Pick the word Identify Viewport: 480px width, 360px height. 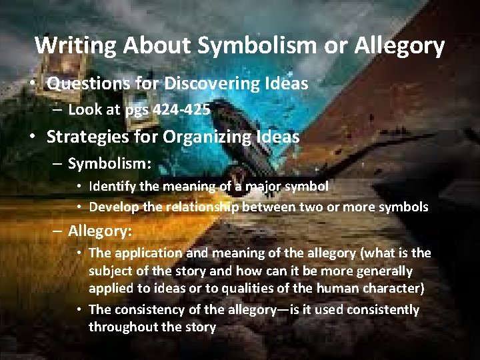tap(113, 187)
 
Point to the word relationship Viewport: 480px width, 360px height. tap(201, 207)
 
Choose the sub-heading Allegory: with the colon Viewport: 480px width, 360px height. tap(100, 231)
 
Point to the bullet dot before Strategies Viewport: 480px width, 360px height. tap(32, 137)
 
